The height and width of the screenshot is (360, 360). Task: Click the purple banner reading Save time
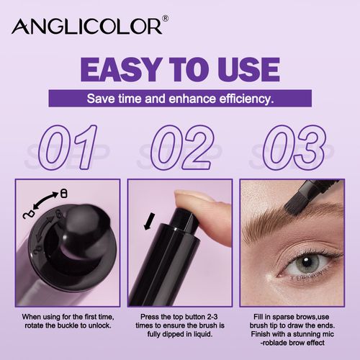click(180, 98)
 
